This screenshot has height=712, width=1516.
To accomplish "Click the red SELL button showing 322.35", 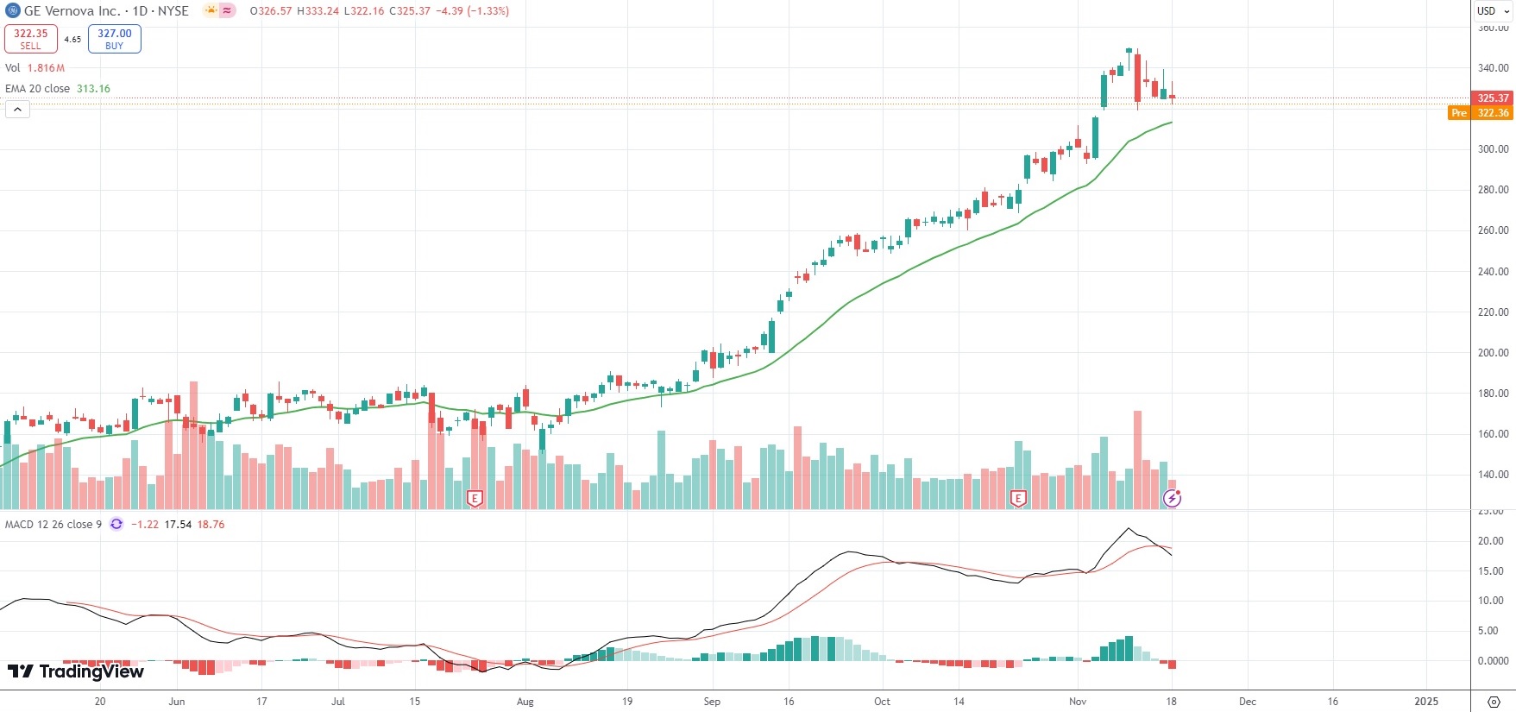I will pos(30,39).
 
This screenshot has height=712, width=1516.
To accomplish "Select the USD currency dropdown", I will pos(1493,11).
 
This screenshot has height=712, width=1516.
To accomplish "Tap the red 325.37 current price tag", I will pos(1493,98).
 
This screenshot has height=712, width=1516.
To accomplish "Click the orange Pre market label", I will pos(1458,113).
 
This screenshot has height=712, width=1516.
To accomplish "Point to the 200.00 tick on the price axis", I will pos(1493,353).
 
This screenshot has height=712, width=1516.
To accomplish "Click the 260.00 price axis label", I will pos(1493,230).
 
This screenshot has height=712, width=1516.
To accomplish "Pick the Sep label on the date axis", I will pos(712,702).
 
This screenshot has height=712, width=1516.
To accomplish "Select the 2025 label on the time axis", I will pos(1426,702).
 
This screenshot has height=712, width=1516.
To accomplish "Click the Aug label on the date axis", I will pos(525,702).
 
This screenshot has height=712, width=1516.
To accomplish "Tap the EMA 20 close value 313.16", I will pos(93,89).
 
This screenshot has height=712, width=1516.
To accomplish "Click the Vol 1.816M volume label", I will pos(35,68).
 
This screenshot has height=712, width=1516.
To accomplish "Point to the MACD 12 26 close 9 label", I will pos(53,525).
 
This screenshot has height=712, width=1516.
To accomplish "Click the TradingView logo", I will pos(76,671).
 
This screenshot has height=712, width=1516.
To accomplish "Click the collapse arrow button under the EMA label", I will pos(17,109).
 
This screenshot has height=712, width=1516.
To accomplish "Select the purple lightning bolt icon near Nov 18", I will pos(1172,498).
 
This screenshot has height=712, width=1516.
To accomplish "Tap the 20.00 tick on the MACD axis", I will pos(1491,541).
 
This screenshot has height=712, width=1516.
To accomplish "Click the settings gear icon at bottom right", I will pos(1494,702).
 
